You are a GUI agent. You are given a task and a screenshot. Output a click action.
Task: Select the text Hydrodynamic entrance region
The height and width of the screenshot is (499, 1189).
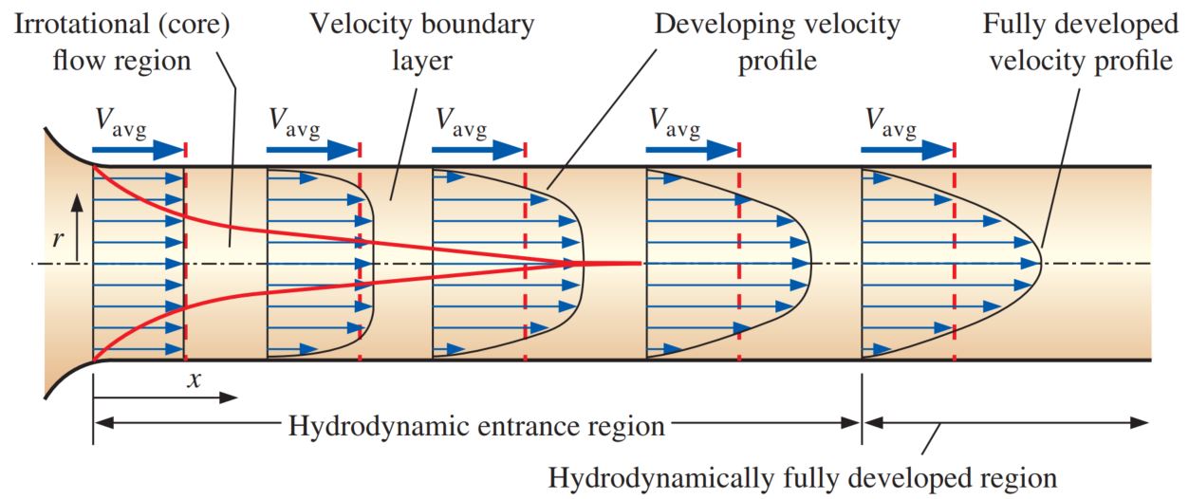pyautogui.click(x=476, y=426)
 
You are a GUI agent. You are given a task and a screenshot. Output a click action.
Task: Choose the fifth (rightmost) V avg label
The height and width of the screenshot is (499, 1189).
pyautogui.click(x=891, y=121)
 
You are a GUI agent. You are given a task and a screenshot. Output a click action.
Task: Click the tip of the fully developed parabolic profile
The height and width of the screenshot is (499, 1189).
pyautogui.click(x=1041, y=263)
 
